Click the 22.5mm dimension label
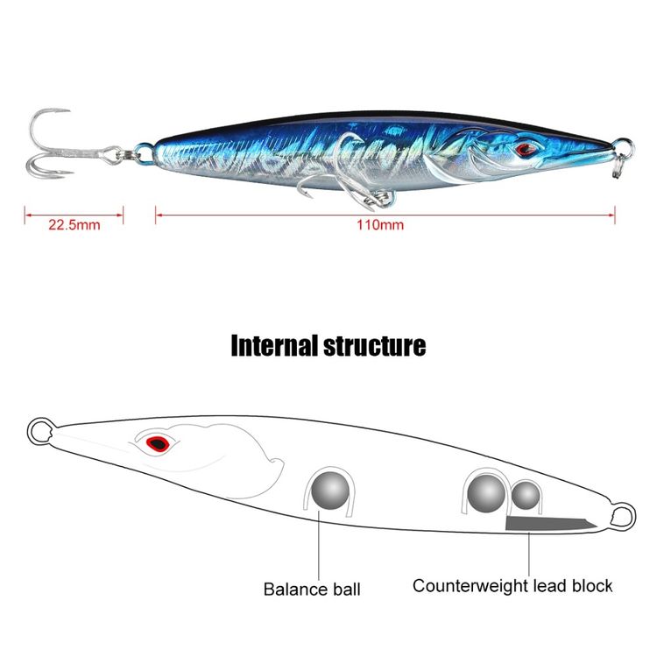click(74, 225)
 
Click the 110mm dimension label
click(380, 225)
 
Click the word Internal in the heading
click(274, 346)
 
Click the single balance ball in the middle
click(330, 491)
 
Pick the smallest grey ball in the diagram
click(526, 495)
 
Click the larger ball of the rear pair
click(486, 493)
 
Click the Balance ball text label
click(312, 590)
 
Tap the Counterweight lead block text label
click(512, 585)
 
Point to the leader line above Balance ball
click(319, 545)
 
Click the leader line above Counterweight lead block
click(529, 554)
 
